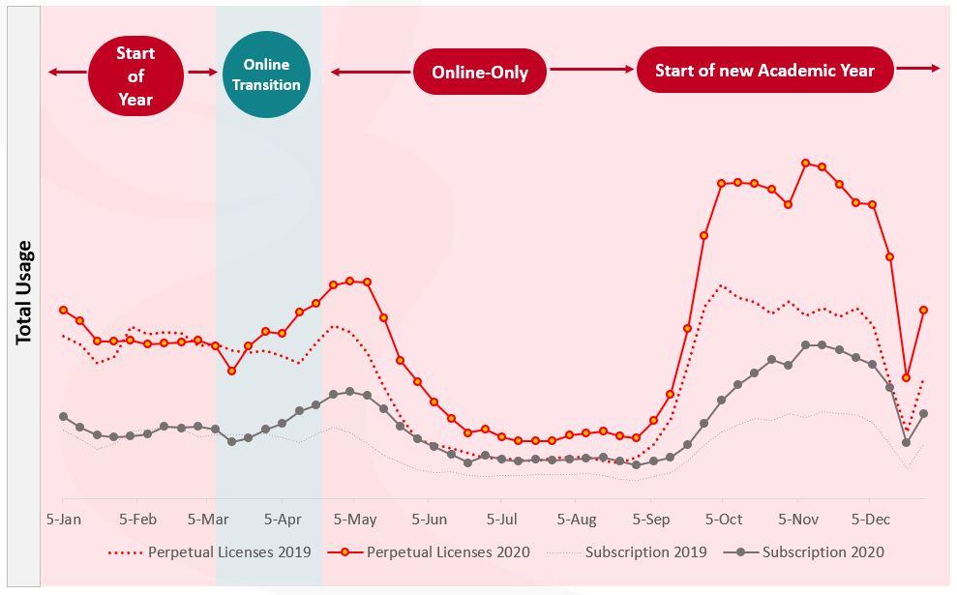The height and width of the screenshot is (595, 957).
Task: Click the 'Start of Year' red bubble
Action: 135,75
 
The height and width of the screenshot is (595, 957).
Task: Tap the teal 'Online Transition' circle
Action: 266,74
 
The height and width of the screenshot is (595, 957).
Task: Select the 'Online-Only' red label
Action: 480,73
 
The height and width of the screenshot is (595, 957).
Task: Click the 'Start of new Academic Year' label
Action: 764,71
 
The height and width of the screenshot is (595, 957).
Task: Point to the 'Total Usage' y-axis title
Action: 24,292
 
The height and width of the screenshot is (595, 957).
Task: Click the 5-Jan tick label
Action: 64,520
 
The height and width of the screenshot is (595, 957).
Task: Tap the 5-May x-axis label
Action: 356,520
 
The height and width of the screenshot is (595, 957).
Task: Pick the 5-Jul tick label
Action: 502,520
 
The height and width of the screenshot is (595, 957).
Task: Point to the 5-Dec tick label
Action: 870,520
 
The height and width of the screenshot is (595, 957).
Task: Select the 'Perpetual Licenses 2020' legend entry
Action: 448,552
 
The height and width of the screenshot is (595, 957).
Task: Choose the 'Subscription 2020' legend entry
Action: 822,552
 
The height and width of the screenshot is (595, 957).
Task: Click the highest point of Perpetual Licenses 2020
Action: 805,163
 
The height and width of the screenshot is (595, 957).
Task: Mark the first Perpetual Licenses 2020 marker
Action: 64,310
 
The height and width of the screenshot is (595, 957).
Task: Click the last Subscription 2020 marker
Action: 924,414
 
